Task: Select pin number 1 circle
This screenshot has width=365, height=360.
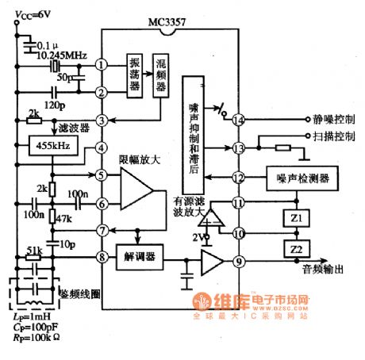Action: tap(102, 64)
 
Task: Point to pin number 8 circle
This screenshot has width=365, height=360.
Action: tap(102, 257)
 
